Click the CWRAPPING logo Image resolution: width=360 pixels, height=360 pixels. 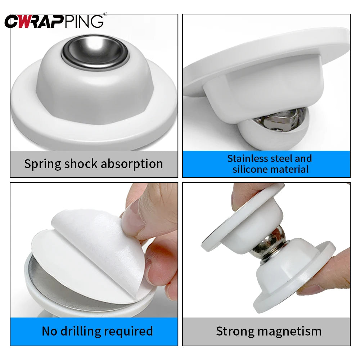(54, 21)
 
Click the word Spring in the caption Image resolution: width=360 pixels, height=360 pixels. (42, 164)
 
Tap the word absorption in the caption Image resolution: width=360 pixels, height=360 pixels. (132, 164)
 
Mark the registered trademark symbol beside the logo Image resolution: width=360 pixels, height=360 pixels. (105, 14)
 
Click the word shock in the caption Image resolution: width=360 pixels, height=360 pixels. (81, 164)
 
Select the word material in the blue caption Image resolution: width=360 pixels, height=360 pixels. (291, 169)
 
